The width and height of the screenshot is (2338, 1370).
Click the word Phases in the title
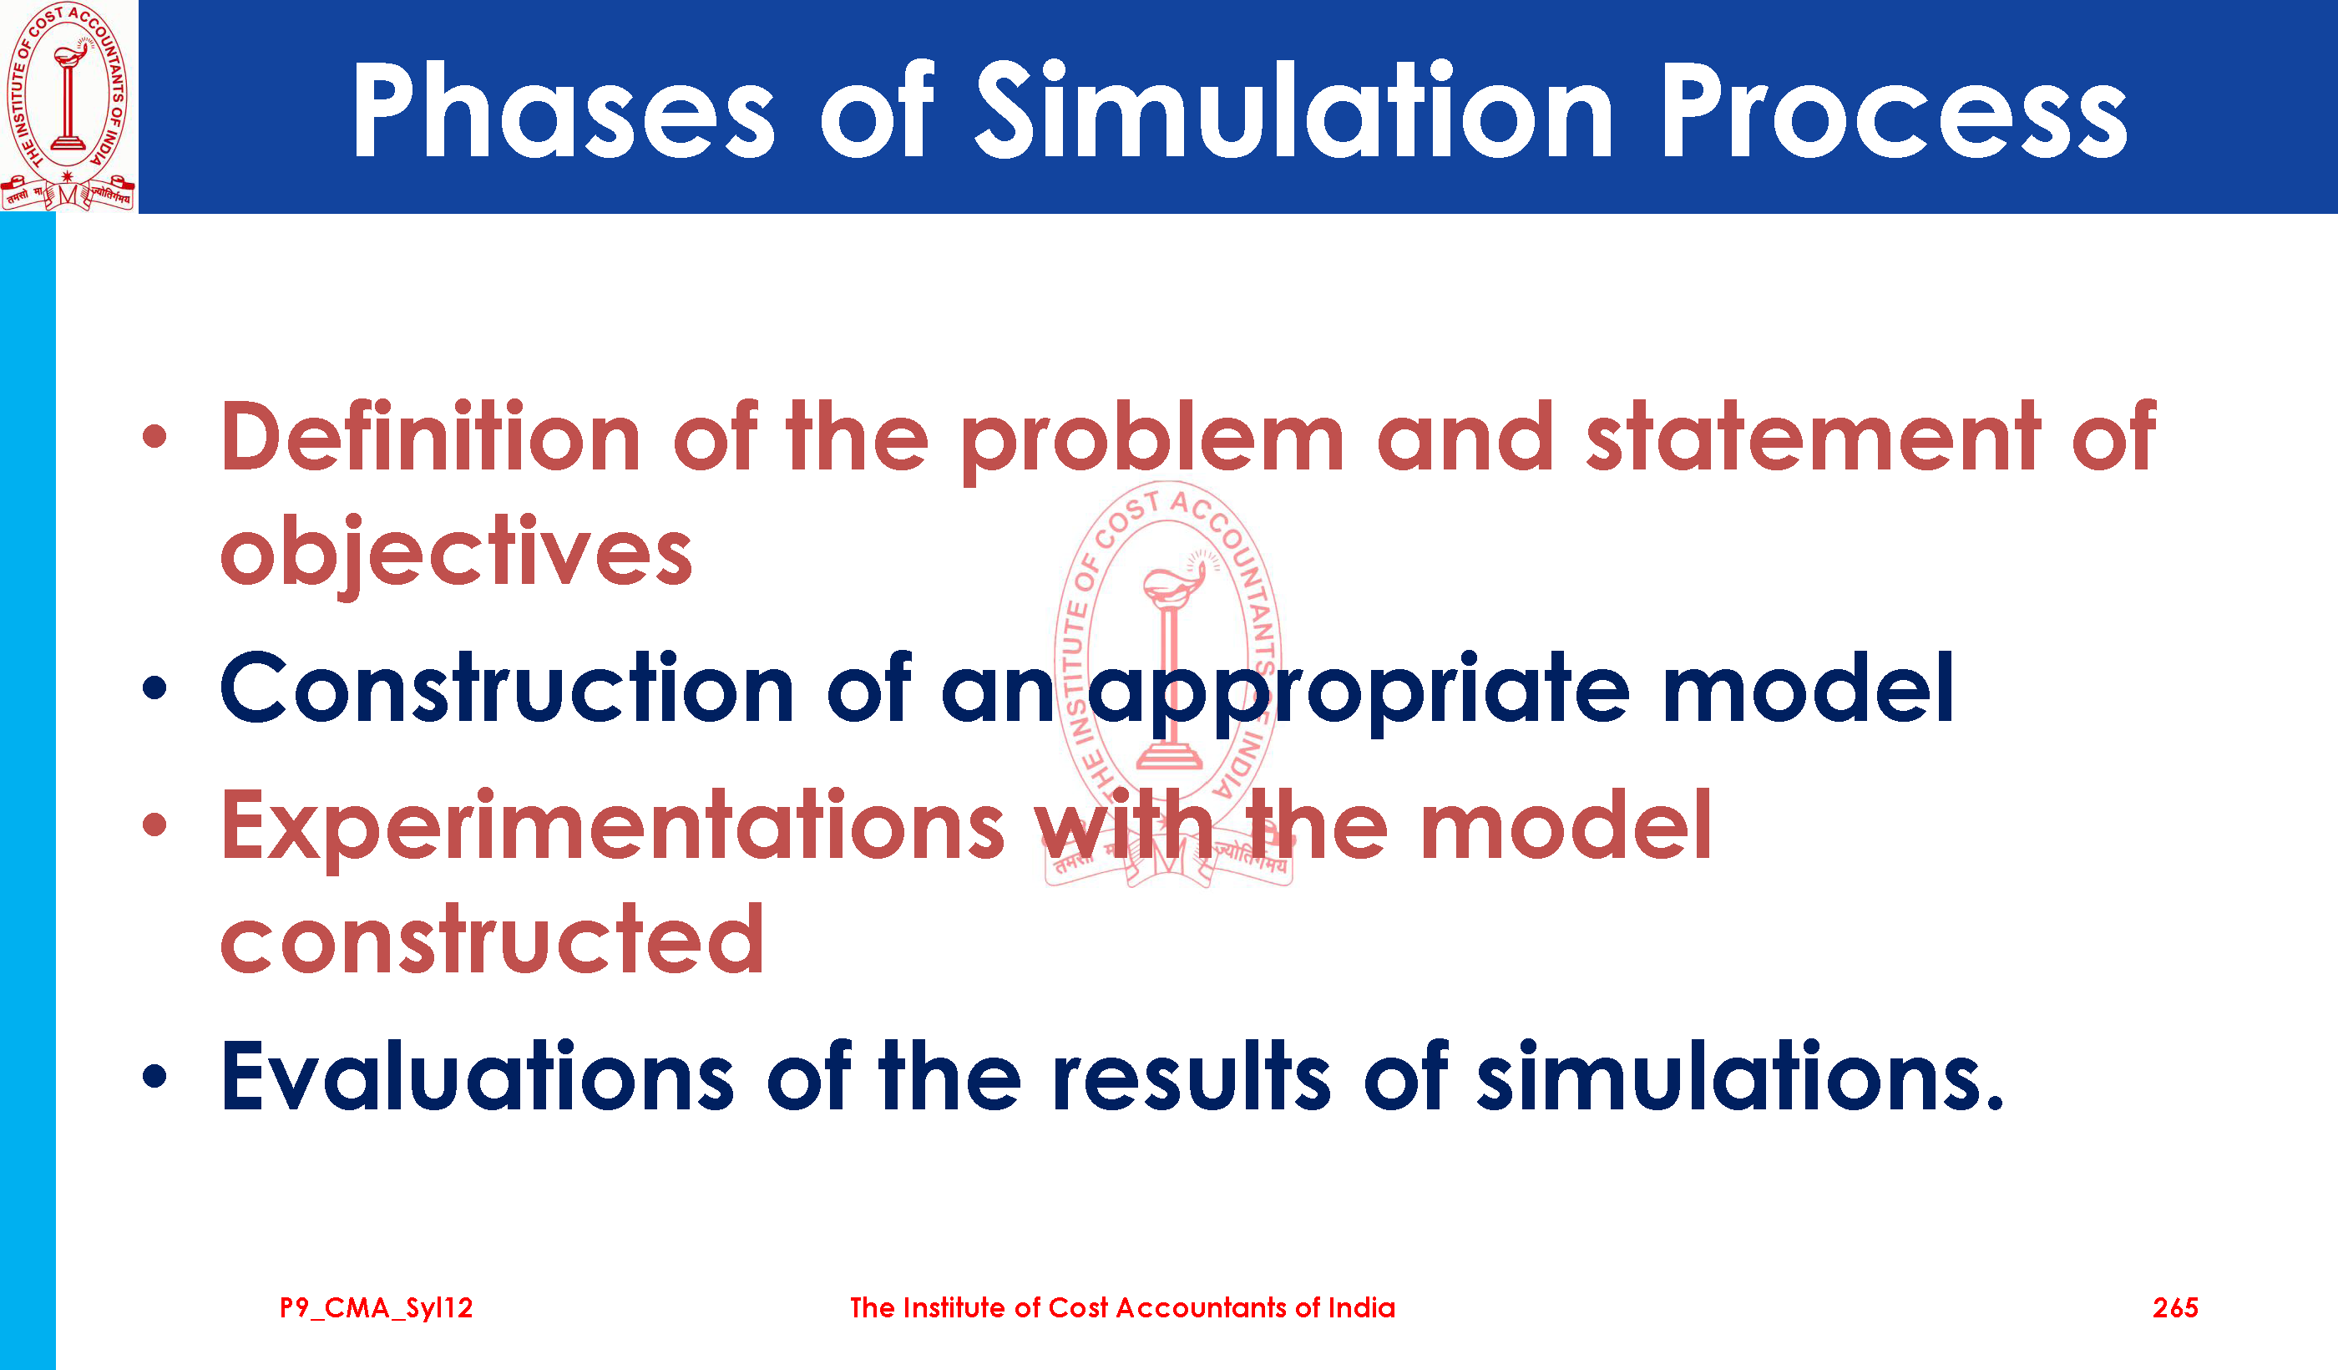click(563, 109)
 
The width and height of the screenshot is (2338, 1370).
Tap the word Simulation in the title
click(1294, 109)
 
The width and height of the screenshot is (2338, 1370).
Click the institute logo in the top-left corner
click(68, 106)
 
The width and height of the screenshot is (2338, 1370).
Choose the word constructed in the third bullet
click(493, 939)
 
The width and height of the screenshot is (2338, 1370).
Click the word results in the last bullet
click(1192, 1076)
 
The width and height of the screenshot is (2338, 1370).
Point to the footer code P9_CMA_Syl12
click(376, 1309)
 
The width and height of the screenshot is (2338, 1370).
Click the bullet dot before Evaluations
click(155, 1076)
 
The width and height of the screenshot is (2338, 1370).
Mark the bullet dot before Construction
click(155, 688)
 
